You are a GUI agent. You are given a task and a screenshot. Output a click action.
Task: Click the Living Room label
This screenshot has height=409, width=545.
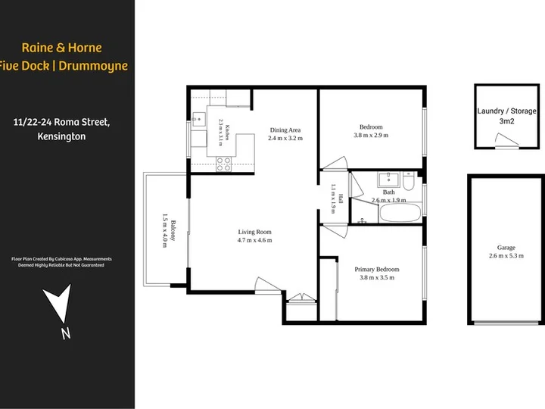(254, 232)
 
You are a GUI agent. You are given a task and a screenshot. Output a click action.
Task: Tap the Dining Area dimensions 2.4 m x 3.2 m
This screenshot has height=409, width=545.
(285, 138)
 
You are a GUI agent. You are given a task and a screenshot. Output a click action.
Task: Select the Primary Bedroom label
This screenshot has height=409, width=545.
(377, 269)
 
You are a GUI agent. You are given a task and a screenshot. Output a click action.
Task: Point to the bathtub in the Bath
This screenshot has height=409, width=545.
(400, 213)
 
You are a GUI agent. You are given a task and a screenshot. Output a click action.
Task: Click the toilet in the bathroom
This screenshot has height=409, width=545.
(409, 181)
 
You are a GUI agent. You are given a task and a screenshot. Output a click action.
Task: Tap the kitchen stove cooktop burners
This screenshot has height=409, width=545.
(223, 164)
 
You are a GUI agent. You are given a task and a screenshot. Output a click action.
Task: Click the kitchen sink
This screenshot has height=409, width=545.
(199, 120)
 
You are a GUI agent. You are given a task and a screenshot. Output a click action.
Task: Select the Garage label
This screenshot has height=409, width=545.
(506, 248)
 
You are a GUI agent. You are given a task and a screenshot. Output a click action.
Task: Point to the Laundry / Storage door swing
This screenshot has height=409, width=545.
(506, 140)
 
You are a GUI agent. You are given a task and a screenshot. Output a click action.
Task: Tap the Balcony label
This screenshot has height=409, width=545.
(173, 230)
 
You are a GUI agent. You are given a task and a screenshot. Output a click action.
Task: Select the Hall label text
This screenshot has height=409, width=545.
(341, 198)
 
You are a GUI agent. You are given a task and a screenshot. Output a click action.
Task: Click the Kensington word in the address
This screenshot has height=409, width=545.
(61, 136)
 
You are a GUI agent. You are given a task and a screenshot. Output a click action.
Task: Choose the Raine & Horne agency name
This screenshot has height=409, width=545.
(62, 48)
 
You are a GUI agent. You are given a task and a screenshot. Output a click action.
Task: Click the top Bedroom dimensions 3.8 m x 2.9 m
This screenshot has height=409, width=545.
(371, 136)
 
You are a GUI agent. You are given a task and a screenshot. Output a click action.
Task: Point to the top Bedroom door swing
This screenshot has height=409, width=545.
(334, 163)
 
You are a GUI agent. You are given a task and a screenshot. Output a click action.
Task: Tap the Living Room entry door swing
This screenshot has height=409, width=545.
(268, 286)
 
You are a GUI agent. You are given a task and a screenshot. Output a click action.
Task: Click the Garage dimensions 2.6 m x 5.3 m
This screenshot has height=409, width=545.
(506, 256)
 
